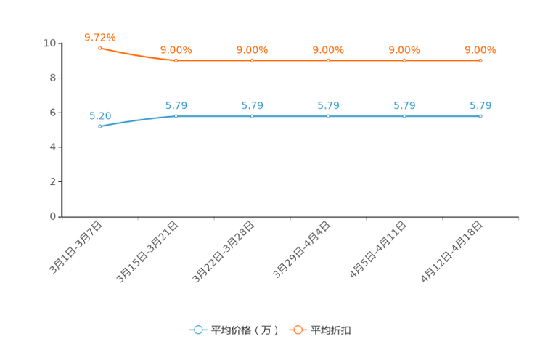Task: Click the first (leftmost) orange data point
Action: click(99, 48)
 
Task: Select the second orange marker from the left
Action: click(176, 60)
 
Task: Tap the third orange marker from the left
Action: click(253, 60)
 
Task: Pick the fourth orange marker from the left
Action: click(328, 60)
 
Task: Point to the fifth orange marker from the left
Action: click(404, 60)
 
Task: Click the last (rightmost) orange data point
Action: click(480, 60)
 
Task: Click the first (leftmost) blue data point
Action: click(99, 126)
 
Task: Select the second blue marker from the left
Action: click(176, 116)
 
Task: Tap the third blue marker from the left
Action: click(253, 116)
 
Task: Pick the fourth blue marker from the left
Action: click(328, 116)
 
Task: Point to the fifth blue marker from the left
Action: click(404, 116)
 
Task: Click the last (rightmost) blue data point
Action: click(480, 116)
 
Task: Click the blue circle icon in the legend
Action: click(198, 330)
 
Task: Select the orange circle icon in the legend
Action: click(298, 330)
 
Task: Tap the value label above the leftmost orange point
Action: click(99, 36)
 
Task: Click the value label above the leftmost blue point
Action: click(99, 115)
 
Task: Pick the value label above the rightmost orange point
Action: click(480, 49)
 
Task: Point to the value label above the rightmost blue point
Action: click(480, 106)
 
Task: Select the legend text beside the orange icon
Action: click(332, 330)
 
